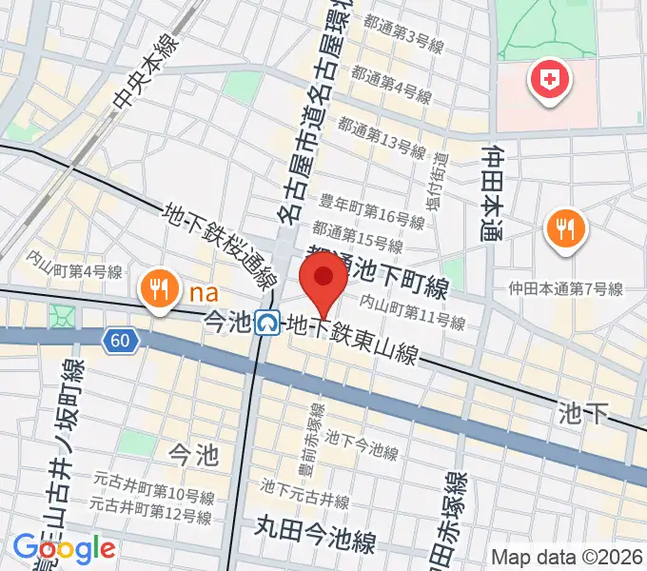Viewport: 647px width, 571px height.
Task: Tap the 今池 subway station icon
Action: click(x=269, y=325)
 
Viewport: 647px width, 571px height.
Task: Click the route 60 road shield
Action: click(x=118, y=341)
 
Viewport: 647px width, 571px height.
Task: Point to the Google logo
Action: click(x=64, y=547)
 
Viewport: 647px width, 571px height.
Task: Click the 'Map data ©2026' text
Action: click(x=567, y=556)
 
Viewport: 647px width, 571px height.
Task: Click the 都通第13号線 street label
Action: click(x=381, y=142)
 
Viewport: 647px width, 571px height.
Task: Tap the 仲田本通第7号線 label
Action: click(x=565, y=288)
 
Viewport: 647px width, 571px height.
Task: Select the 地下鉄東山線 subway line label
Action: click(x=353, y=341)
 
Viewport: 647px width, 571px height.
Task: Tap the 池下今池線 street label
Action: click(x=362, y=443)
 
